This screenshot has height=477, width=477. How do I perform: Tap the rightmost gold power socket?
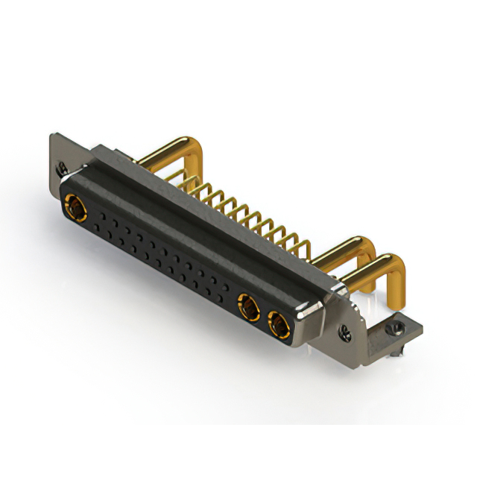[x=278, y=324]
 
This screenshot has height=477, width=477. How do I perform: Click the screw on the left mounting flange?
[x=63, y=168]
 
